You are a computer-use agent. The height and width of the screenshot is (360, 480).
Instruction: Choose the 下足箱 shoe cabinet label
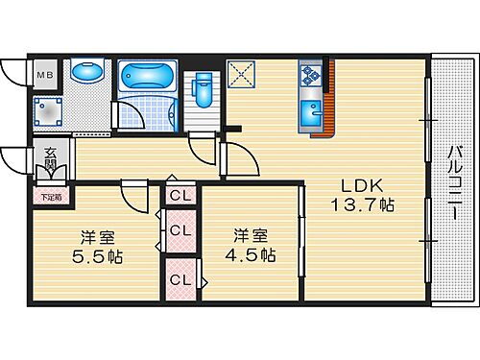tap(50, 198)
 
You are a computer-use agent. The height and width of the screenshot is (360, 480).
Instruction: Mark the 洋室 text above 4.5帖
tap(252, 234)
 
